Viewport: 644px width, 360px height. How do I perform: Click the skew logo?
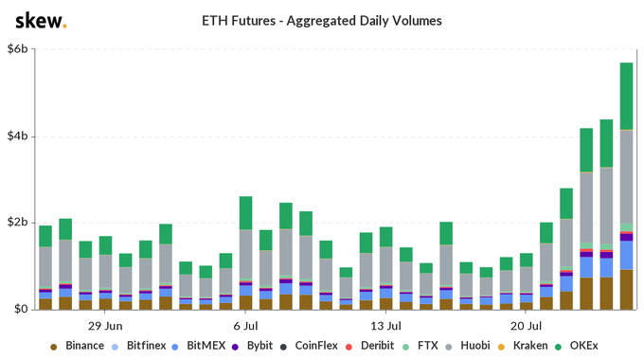pyautogui.click(x=41, y=21)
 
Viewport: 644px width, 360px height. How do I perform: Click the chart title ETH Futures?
pyautogui.click(x=322, y=20)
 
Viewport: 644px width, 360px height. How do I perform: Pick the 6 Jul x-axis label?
pyautogui.click(x=244, y=324)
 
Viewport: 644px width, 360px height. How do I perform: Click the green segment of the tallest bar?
pyautogui.click(x=626, y=96)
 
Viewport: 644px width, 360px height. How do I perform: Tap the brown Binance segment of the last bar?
pyautogui.click(x=626, y=290)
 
